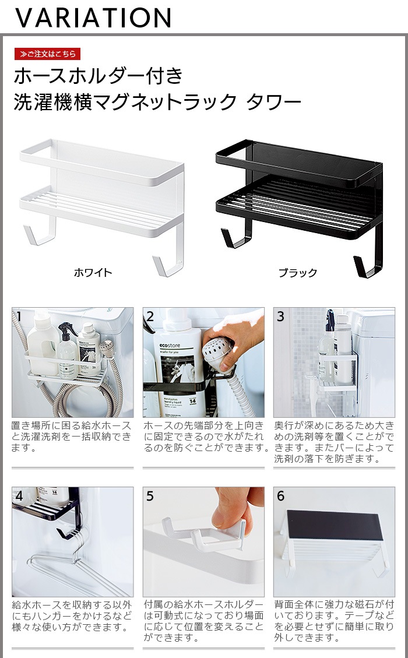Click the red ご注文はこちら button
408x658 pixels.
(47, 54)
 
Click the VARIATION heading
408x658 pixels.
(93, 17)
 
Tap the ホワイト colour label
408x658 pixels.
(93, 273)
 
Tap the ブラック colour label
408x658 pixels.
(298, 273)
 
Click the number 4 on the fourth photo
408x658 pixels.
(19, 496)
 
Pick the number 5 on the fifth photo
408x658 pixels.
(150, 496)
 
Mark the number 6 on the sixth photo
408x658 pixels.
(281, 496)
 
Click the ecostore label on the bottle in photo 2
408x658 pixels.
(170, 346)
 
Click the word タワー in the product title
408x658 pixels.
(274, 103)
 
